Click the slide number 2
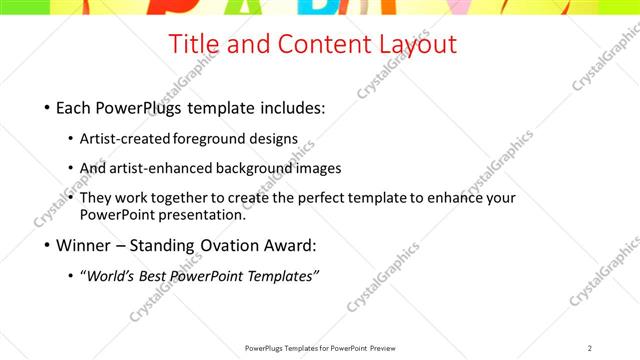click(x=590, y=348)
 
